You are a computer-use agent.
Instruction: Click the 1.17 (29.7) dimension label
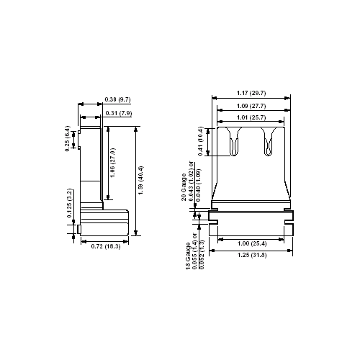(x=251, y=92)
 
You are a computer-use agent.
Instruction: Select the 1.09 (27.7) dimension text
(x=251, y=107)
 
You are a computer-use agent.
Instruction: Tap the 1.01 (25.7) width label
(x=251, y=117)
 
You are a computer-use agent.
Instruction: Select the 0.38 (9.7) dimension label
(x=117, y=98)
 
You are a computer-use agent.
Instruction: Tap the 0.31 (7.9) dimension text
(x=117, y=113)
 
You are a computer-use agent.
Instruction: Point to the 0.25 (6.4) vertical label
(x=67, y=138)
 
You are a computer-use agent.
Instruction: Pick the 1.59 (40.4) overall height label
(x=141, y=181)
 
